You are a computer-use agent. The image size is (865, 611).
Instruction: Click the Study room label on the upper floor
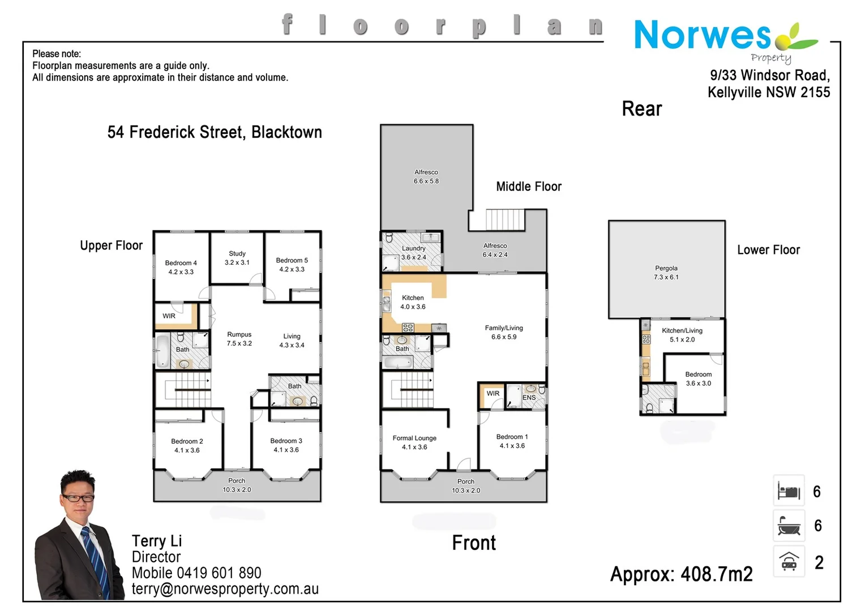[x=237, y=258]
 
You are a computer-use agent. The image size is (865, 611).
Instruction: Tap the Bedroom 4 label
[x=181, y=267]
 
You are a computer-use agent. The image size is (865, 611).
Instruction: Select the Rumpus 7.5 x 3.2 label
[x=239, y=339]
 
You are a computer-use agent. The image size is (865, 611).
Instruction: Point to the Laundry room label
[x=413, y=252]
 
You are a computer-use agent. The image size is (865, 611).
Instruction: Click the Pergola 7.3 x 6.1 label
[x=666, y=272]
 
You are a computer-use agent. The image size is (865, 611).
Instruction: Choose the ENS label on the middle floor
[x=529, y=398]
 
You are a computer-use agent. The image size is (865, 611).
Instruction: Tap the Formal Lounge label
[x=414, y=442]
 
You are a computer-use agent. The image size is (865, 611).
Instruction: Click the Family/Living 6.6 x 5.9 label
[x=504, y=332]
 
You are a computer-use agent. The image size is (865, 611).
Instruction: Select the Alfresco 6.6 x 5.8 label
[x=426, y=177]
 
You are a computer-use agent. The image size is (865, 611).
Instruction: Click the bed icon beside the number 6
[x=789, y=490]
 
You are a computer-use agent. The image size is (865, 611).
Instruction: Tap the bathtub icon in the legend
[x=789, y=526]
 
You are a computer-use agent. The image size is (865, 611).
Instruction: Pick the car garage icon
[x=789, y=561]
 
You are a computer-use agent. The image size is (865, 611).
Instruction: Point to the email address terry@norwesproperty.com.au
[x=225, y=589]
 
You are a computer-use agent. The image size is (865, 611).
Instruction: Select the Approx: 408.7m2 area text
[x=681, y=574]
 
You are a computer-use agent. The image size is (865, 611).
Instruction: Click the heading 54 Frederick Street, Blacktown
[x=215, y=132]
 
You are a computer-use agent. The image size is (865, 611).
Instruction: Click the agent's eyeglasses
[x=78, y=498]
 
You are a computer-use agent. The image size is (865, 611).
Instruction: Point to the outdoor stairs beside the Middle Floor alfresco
[x=505, y=220]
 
